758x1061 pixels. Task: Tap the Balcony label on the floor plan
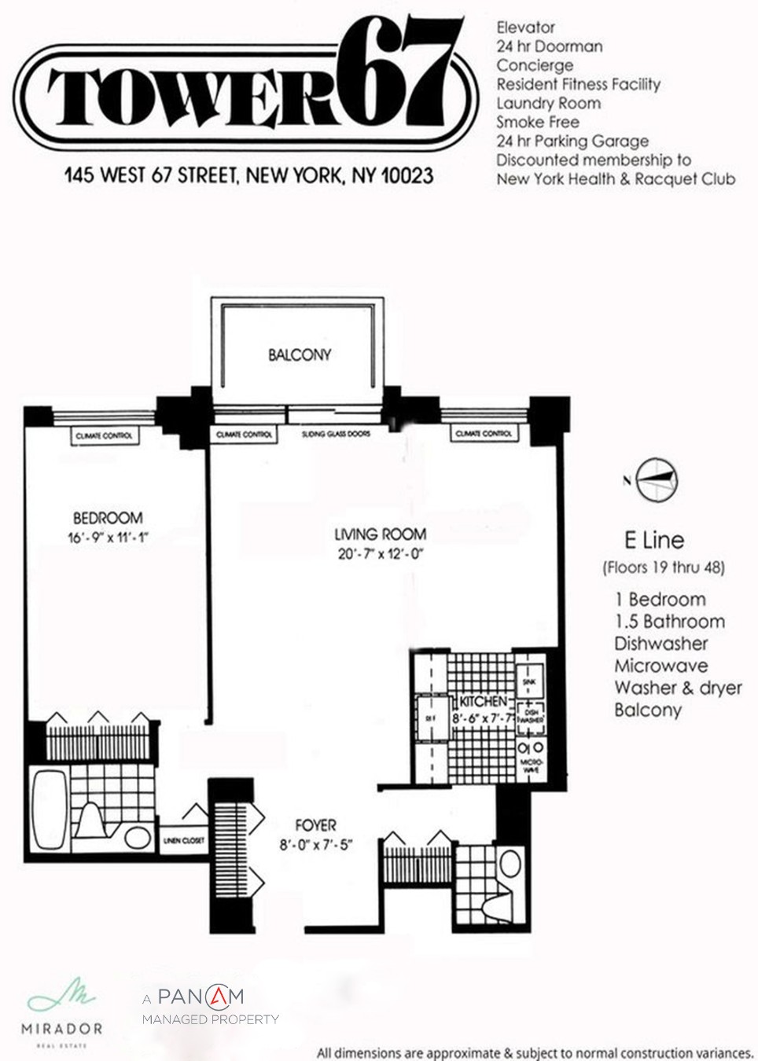point(299,354)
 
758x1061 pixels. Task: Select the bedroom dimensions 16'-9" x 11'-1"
point(108,538)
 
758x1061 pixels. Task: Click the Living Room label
point(381,534)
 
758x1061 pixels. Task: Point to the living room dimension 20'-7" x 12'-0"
point(381,554)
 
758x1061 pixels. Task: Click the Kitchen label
point(482,701)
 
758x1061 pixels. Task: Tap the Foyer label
point(315,825)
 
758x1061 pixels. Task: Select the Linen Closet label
point(183,840)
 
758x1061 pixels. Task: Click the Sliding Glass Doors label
point(336,434)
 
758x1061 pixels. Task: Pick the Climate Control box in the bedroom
point(104,435)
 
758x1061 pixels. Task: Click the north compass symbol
point(656,479)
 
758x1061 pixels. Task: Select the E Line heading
point(653,540)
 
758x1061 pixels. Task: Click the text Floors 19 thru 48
point(664,567)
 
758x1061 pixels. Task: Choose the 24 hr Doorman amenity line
point(549,46)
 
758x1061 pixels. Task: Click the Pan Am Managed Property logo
point(210,1007)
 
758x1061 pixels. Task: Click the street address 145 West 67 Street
point(248,174)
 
